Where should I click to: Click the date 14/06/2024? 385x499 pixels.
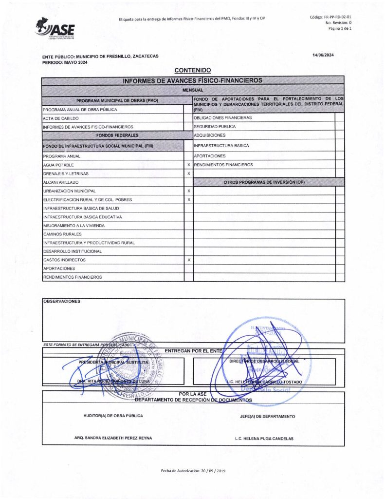pyautogui.click(x=323, y=55)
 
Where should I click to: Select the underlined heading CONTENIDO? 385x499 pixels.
pyautogui.click(x=192, y=71)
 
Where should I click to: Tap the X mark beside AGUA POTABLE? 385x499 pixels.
pyautogui.click(x=188, y=165)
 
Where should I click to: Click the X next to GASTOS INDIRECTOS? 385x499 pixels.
pyautogui.click(x=188, y=260)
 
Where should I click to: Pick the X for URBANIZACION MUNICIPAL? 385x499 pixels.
pyautogui.click(x=188, y=191)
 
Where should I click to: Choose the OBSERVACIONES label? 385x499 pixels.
pyautogui.click(x=62, y=301)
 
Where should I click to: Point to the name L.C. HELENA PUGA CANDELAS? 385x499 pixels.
pyautogui.click(x=264, y=439)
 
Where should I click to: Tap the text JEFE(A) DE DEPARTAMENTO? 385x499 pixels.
pyautogui.click(x=267, y=417)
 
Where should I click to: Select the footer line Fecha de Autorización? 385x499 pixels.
pyautogui.click(x=193, y=471)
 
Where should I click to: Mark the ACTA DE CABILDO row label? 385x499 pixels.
pyautogui.click(x=61, y=118)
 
